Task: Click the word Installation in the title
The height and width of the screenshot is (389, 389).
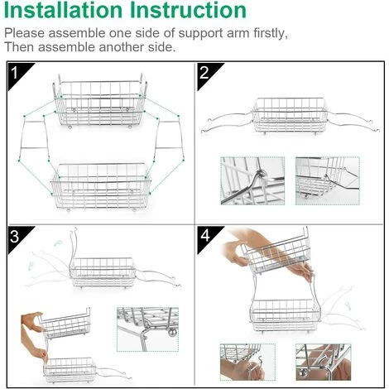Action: point(63,10)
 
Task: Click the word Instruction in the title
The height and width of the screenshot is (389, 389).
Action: point(188,10)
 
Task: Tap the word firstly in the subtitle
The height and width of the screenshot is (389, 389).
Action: point(271,33)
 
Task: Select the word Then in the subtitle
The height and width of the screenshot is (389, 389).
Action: point(19,47)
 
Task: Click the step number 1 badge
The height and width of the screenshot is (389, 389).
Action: point(17,74)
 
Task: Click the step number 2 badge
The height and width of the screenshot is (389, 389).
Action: point(206,74)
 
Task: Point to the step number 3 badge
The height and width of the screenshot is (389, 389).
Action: point(17,238)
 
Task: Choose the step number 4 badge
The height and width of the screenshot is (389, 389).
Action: point(206,238)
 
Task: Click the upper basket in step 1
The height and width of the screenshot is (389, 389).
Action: point(100,101)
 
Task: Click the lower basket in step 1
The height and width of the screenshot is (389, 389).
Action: point(100,187)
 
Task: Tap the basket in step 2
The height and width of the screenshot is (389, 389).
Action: point(289,115)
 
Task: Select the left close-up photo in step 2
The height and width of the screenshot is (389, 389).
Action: point(252,181)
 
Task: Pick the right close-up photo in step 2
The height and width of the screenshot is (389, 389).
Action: point(328,181)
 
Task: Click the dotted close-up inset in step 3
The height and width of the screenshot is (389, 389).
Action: point(147,329)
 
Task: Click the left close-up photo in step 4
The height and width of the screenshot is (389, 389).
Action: point(247,363)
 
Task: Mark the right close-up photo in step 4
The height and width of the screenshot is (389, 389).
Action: point(324,363)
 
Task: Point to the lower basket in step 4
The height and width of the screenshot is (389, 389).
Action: point(286,315)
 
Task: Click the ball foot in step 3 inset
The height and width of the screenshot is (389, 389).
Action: point(173,333)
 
